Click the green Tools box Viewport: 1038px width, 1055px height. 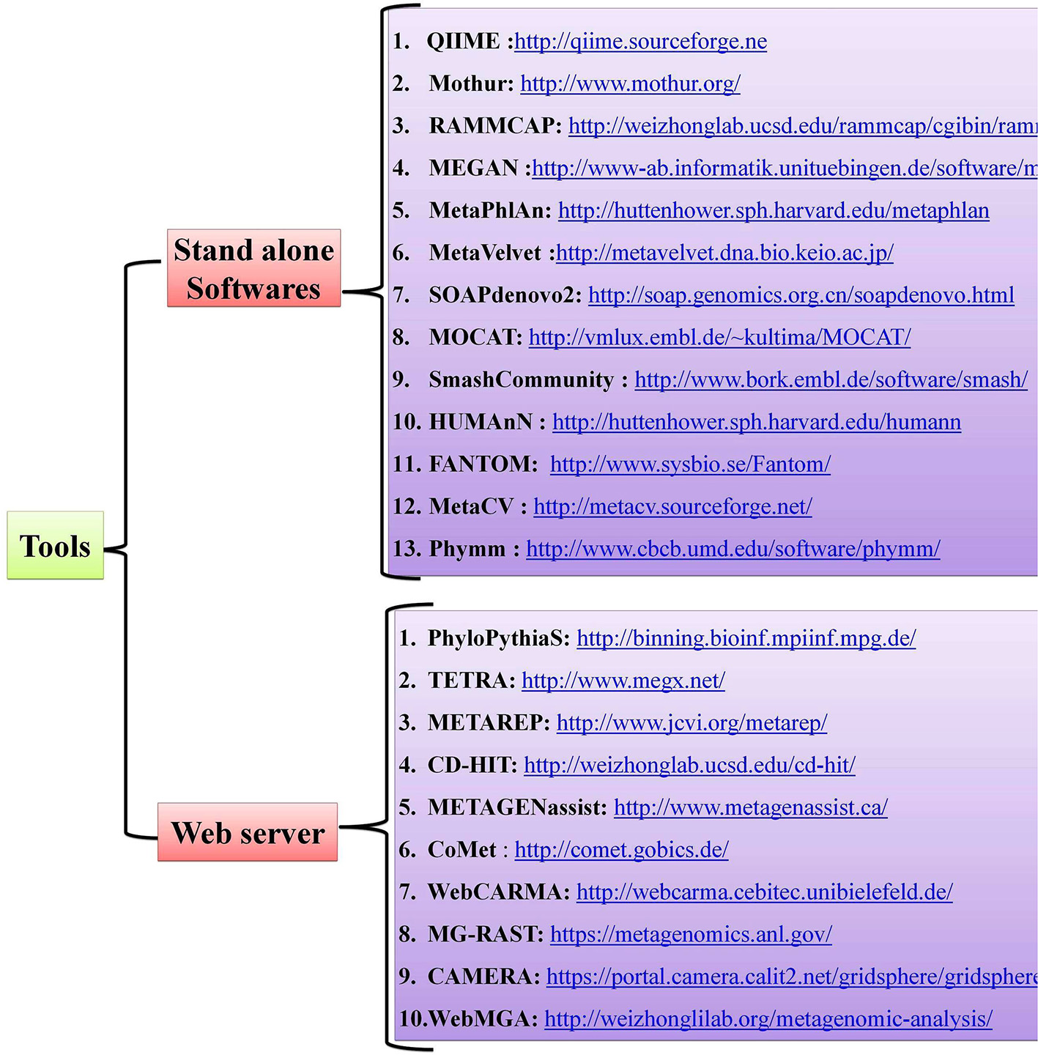pyautogui.click(x=55, y=546)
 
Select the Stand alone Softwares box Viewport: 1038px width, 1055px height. pyautogui.click(x=253, y=269)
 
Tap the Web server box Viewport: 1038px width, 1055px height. pyautogui.click(x=248, y=833)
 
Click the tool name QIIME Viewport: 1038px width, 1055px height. pyautogui.click(x=463, y=42)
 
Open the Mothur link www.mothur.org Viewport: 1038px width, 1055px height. pyautogui.click(x=630, y=84)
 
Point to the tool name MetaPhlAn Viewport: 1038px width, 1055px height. pyautogui.click(x=489, y=211)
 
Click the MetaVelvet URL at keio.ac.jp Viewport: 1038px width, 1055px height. pyautogui.click(x=724, y=253)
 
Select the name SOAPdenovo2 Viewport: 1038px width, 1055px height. pyautogui.click(x=505, y=295)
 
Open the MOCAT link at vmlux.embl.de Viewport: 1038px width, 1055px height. pyautogui.click(x=719, y=338)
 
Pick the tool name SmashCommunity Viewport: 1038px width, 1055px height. pyautogui.click(x=521, y=380)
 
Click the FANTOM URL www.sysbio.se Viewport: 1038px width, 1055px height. pyautogui.click(x=690, y=464)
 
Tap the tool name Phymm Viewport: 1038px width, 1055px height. pyautogui.click(x=467, y=549)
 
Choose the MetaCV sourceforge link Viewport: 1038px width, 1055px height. pyautogui.click(x=672, y=507)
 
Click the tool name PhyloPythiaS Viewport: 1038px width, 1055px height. pyautogui.click(x=498, y=638)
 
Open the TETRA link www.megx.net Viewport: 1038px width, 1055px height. pyautogui.click(x=623, y=681)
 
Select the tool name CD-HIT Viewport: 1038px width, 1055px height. pyautogui.click(x=472, y=766)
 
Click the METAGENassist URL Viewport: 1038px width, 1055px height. pyautogui.click(x=750, y=807)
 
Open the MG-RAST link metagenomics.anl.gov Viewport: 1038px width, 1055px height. pyautogui.click(x=691, y=934)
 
